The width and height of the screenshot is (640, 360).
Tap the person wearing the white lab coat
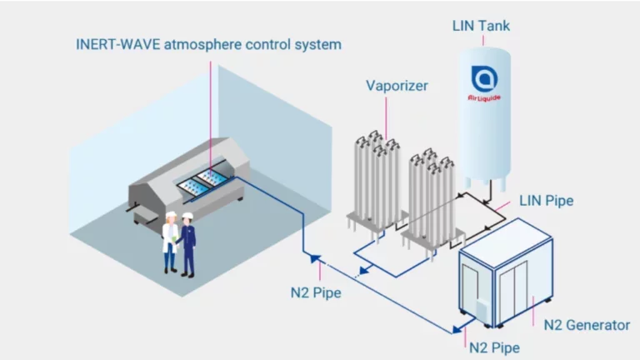(x=171, y=242)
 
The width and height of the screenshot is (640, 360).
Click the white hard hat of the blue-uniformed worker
(x=189, y=217)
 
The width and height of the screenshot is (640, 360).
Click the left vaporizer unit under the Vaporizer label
(x=372, y=179)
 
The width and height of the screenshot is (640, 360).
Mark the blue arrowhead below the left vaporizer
(x=363, y=271)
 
